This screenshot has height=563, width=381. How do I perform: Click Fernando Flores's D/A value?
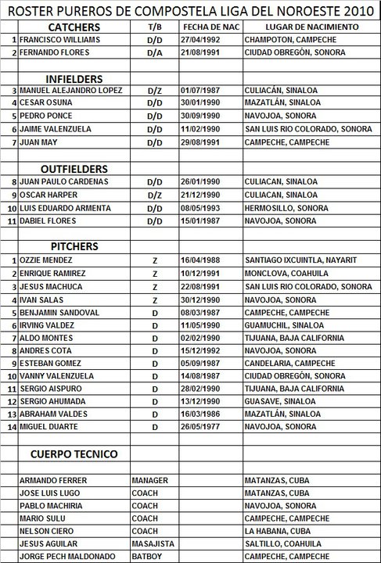[x=154, y=52]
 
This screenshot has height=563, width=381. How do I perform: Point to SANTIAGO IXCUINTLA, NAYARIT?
[x=300, y=260]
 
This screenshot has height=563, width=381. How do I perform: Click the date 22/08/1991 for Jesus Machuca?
[x=199, y=286]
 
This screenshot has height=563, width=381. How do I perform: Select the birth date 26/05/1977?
[x=199, y=427]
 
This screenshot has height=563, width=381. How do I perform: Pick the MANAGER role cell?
[x=151, y=479]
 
